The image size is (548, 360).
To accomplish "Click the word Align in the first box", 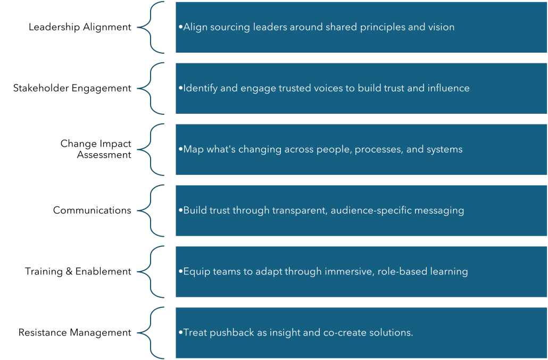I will pos(194,27).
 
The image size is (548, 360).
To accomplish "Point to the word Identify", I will pos(200,88).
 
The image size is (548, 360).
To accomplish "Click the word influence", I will pos(449,88).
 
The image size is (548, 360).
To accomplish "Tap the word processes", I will pos(377,149).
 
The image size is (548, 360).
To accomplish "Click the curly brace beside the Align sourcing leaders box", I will pos(151,27).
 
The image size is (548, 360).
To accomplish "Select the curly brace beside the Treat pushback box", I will pos(151,333).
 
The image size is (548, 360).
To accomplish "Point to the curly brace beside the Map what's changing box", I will pos(151,149).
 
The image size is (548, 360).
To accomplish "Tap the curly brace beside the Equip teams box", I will pos(151,272).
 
